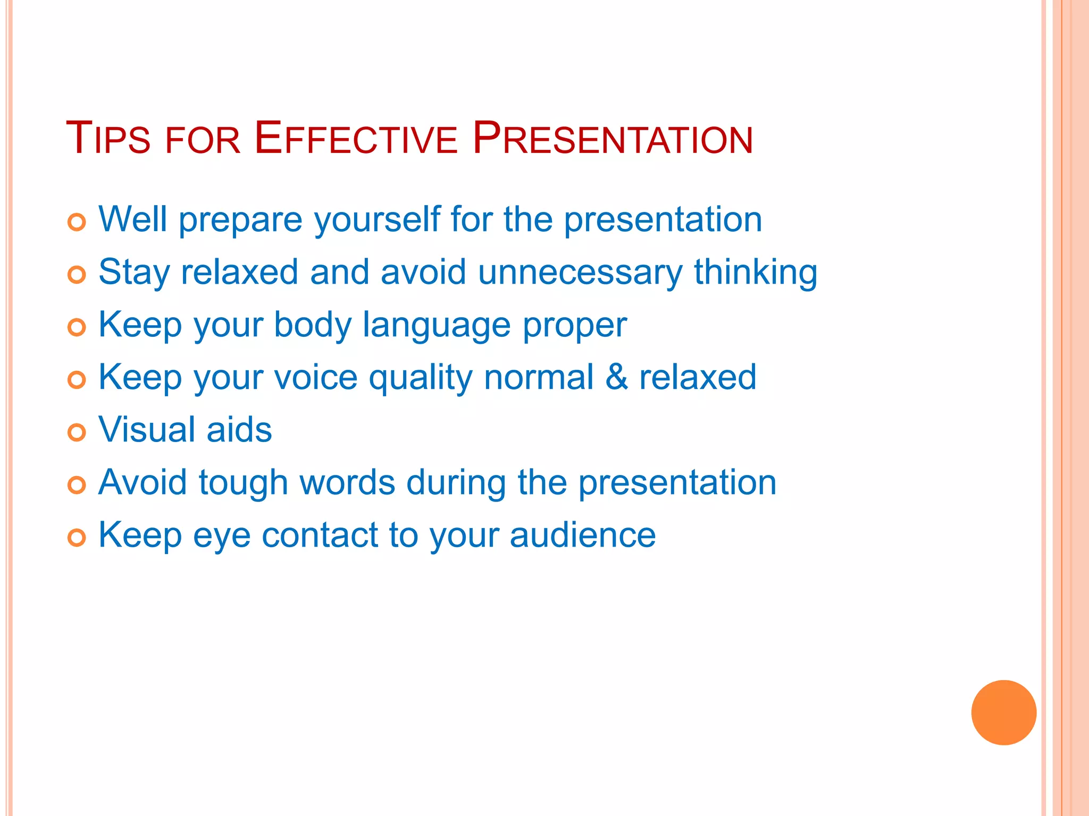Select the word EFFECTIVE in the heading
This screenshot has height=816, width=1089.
click(x=355, y=139)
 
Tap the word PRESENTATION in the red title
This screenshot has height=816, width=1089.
click(x=612, y=139)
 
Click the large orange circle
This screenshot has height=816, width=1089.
click(x=1003, y=712)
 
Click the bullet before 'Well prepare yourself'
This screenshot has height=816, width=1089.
click(x=77, y=222)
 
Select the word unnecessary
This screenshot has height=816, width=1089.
click(x=580, y=272)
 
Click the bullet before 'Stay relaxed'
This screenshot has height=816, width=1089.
click(x=77, y=275)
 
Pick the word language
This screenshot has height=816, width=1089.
click(x=436, y=325)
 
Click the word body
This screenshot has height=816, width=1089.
click(x=312, y=325)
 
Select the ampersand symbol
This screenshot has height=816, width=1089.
click(x=617, y=377)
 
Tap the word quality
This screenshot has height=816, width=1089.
click(x=420, y=377)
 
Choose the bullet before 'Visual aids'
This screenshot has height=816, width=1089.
click(x=77, y=432)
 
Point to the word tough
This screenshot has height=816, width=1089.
click(x=243, y=482)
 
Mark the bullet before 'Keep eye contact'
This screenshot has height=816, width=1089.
click(x=77, y=538)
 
